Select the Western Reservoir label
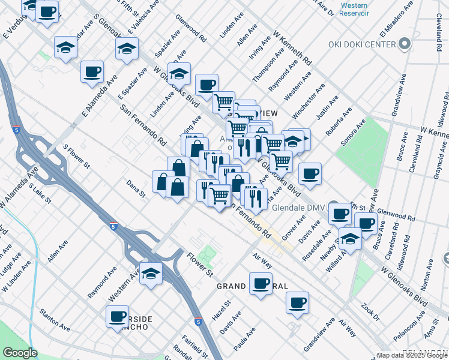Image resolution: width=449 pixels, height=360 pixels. pos(354,9)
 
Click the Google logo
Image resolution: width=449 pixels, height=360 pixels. pos(20,353)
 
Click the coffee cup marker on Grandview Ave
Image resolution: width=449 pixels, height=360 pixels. pos(297,302)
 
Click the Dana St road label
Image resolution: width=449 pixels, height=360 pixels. pos(136,188)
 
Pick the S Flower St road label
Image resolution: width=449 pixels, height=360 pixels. pos(76,155)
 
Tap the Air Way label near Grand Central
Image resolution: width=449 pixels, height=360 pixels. pos(262,260)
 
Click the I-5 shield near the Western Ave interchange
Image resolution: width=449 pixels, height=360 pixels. pos(113,226)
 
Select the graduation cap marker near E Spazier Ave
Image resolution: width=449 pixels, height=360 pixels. pos(127,48)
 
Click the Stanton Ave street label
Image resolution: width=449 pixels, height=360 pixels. pos(54,319)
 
